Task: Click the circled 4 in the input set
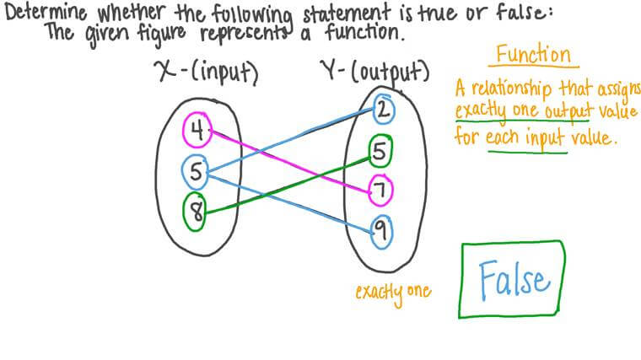click(x=197, y=131)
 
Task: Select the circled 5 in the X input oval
click(x=196, y=173)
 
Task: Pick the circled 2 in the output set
click(x=382, y=109)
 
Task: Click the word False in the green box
click(x=513, y=279)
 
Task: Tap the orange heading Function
click(x=532, y=56)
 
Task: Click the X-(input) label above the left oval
click(x=207, y=74)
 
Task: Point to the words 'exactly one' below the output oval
click(x=392, y=292)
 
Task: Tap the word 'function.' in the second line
click(x=358, y=35)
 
